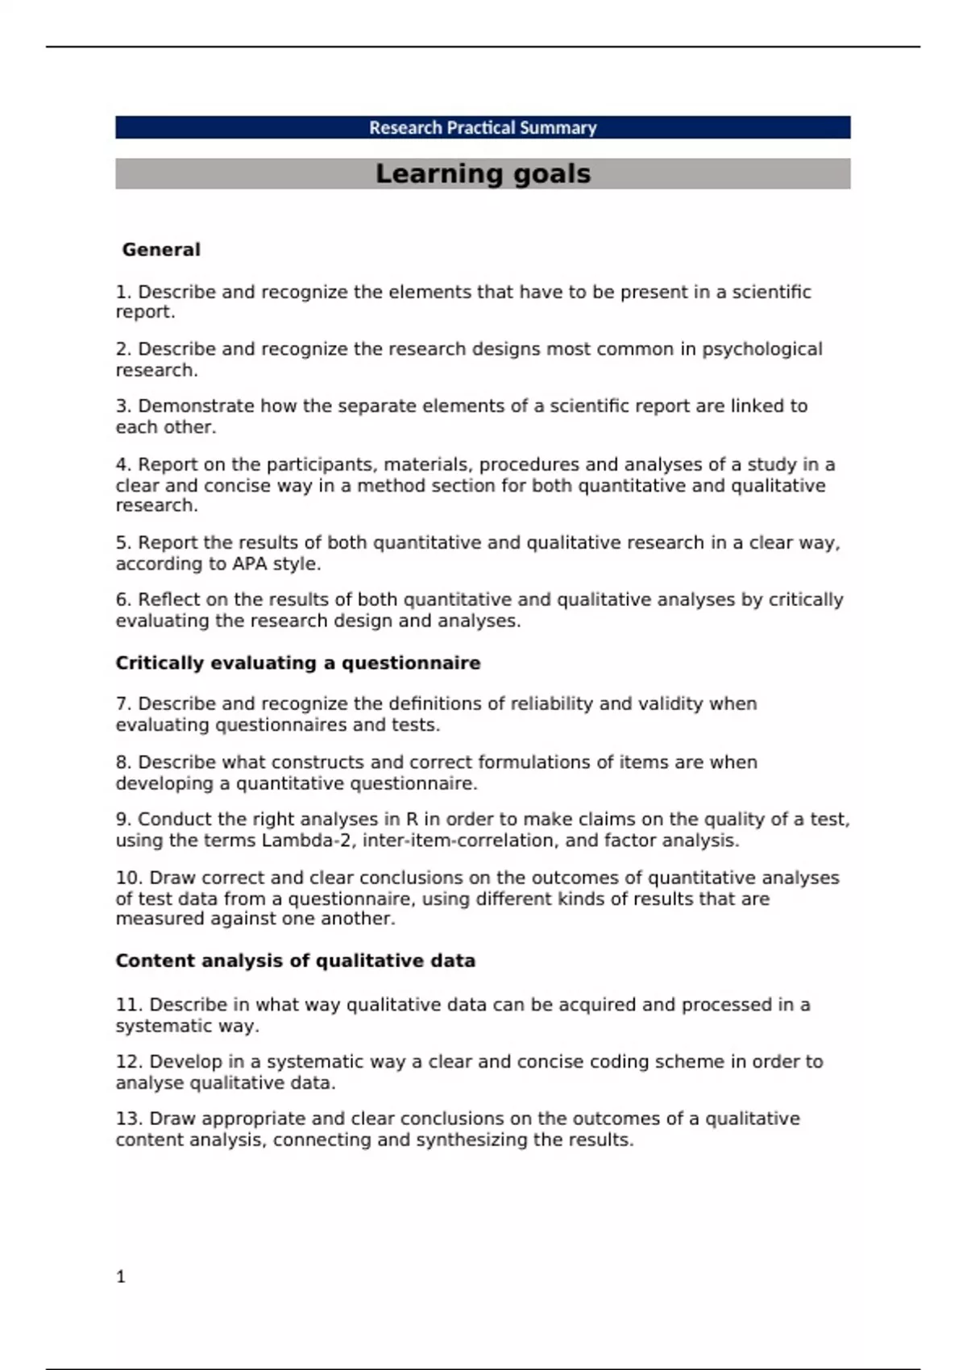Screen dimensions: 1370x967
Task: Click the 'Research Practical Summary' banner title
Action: tap(483, 127)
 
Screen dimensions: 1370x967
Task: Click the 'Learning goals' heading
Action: tap(483, 173)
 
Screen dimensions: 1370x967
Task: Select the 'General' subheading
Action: tap(161, 250)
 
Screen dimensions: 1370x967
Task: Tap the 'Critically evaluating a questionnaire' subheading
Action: tap(297, 663)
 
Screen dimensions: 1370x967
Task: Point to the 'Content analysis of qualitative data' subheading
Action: tap(295, 961)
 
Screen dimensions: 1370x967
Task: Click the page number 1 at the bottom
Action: tap(121, 1277)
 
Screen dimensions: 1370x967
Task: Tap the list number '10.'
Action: tap(129, 878)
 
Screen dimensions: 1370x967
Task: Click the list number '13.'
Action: tap(129, 1119)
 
